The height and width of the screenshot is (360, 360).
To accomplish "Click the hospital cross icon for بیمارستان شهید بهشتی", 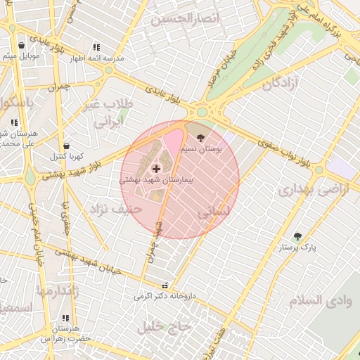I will pyautogui.click(x=155, y=169).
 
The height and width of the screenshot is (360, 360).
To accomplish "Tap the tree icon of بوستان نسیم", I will pyautogui.click(x=202, y=137).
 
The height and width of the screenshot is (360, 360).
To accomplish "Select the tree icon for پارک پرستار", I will pyautogui.click(x=297, y=236).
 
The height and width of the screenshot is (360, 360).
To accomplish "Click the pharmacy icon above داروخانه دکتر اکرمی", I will pyautogui.click(x=165, y=286).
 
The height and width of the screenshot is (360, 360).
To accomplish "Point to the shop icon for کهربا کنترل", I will pyautogui.click(x=66, y=146).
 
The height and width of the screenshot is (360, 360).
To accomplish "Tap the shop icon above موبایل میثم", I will pyautogui.click(x=22, y=44).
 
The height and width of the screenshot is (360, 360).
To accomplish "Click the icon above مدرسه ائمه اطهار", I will pyautogui.click(x=97, y=48).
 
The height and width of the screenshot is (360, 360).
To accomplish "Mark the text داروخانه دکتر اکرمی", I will pyautogui.click(x=162, y=297).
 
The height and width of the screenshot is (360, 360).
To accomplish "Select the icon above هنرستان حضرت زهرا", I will pyautogui.click(x=66, y=318).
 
